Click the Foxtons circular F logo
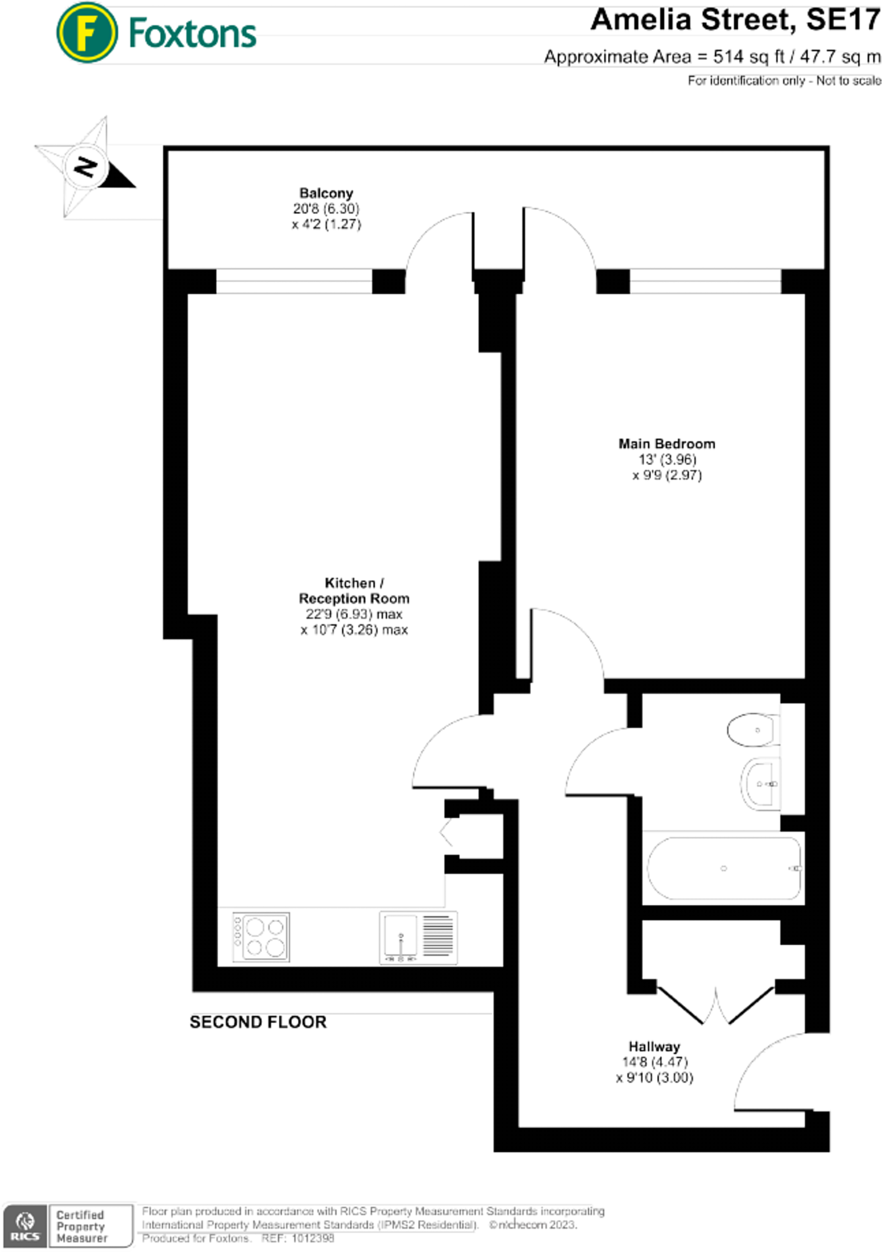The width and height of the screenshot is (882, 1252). tap(86, 32)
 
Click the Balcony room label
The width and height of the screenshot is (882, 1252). tap(326, 193)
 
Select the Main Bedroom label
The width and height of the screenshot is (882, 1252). tap(666, 444)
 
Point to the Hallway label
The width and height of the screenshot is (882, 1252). tap(654, 1047)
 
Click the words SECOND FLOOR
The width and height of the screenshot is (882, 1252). tap(258, 1022)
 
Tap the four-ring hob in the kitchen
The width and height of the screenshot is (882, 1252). tap(261, 937)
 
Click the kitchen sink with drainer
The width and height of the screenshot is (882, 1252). tap(418, 937)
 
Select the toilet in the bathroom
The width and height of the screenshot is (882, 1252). tap(753, 730)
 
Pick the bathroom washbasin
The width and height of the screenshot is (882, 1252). tap(761, 784)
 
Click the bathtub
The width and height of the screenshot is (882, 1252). tap(724, 868)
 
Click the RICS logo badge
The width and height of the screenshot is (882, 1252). tap(25, 1225)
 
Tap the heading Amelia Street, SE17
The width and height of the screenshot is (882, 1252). tap(735, 20)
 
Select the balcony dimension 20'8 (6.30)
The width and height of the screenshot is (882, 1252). tap(326, 209)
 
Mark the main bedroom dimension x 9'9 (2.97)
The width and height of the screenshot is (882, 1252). tap(667, 476)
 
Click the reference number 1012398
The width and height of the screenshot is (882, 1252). tap(313, 1238)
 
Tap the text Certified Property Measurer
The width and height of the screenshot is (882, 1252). tap(81, 1226)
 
